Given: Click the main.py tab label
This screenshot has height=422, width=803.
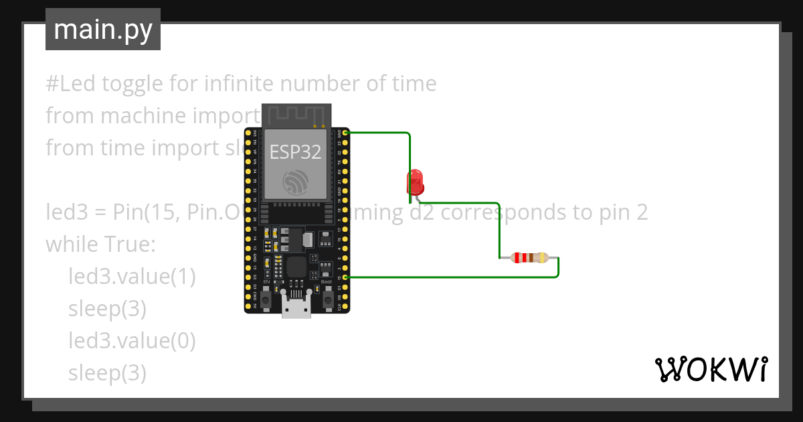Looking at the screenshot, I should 103,29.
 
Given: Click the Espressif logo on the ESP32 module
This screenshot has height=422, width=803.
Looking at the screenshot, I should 296,182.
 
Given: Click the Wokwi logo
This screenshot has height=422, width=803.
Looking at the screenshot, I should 711,369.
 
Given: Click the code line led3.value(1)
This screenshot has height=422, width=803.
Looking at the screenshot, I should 132,277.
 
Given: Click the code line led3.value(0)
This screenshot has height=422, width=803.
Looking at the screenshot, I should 132,341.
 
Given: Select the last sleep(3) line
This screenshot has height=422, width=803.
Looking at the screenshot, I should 107,373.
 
